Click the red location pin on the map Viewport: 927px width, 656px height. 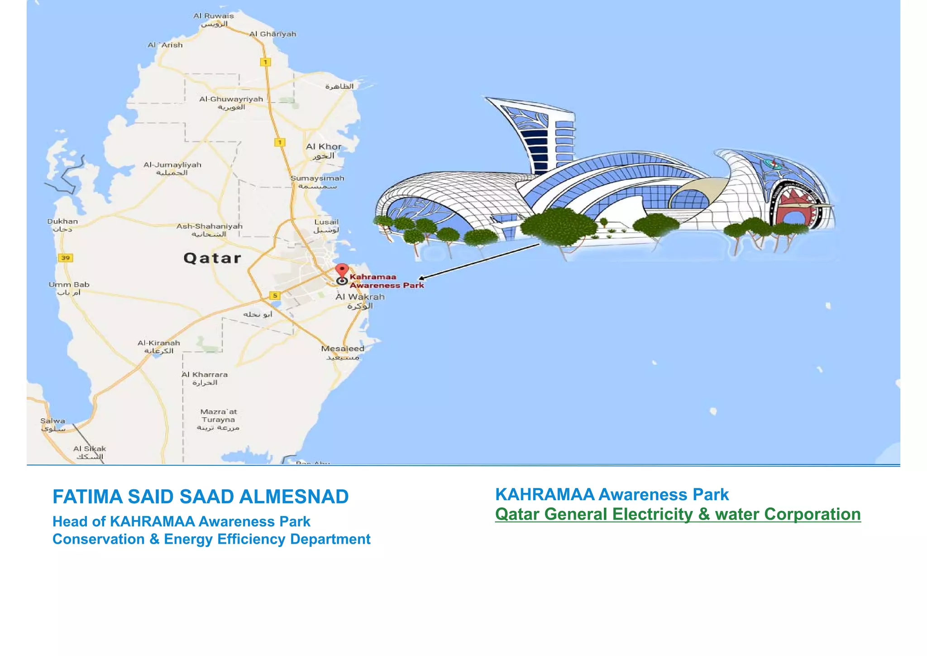342,272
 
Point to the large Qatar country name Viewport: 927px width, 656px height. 212,258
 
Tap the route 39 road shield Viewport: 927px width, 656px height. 66,258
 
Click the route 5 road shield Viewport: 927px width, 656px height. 275,295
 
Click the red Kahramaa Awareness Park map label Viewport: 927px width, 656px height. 386,281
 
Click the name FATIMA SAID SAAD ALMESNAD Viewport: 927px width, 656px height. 201,497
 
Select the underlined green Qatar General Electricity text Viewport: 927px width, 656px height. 678,514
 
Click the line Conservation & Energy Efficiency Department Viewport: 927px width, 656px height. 211,539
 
